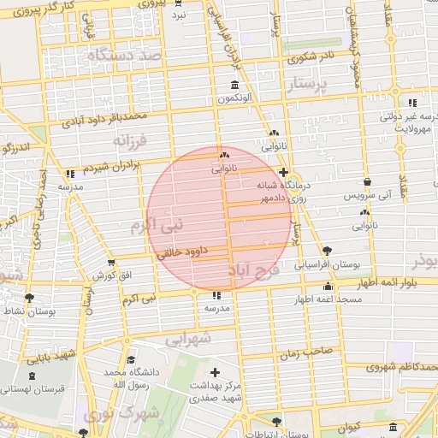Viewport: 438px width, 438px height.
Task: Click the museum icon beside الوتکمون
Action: (235, 85)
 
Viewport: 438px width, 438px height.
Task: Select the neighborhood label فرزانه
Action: (130, 139)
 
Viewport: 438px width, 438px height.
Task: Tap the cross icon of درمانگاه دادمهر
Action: (283, 172)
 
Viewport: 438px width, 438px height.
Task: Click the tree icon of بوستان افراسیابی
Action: (327, 251)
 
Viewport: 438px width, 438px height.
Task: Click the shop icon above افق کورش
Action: (110, 263)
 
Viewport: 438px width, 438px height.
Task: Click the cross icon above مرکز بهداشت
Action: (214, 372)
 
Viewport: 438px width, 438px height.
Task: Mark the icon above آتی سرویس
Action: (367, 182)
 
